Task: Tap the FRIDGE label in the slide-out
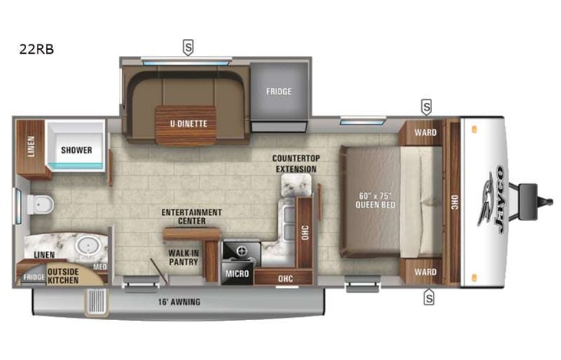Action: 279,92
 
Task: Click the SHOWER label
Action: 77,150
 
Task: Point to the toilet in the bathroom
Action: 39,204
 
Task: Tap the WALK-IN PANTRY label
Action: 184,257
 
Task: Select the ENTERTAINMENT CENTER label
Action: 191,216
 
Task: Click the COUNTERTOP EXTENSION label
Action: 295,163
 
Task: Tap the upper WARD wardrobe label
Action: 425,132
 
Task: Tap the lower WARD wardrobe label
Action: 425,272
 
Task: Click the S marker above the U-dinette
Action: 188,48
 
